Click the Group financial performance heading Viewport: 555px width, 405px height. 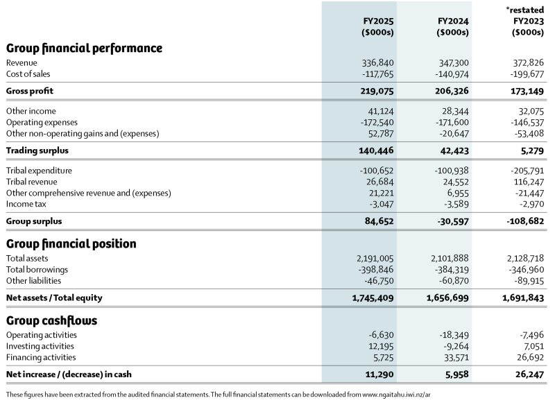point(84,49)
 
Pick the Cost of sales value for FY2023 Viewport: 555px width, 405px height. point(524,74)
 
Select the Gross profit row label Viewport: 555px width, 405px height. point(30,91)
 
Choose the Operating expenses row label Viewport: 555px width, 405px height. point(40,122)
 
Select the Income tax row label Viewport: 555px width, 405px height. point(26,204)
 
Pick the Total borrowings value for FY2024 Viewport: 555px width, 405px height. point(447,270)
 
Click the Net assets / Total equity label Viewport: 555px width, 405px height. point(54,298)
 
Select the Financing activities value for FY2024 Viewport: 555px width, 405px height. point(452,357)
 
